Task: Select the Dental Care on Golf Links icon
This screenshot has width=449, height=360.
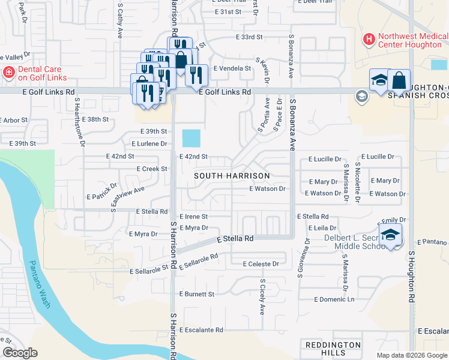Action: click(x=8, y=73)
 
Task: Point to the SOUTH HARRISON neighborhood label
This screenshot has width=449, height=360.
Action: click(x=232, y=176)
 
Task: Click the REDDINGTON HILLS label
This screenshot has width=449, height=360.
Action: click(x=333, y=349)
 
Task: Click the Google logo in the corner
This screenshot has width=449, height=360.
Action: click(x=19, y=353)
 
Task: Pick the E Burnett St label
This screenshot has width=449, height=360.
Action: click(x=197, y=295)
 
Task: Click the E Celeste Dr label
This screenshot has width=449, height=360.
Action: click(x=261, y=264)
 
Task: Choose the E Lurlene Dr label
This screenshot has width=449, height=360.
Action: click(x=149, y=144)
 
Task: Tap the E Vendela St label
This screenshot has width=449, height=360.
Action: click(x=231, y=68)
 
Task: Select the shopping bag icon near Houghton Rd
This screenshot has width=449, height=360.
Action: click(x=399, y=80)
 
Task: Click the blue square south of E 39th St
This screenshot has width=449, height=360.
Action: click(x=191, y=139)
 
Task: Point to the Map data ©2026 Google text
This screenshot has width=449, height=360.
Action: click(x=411, y=355)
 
